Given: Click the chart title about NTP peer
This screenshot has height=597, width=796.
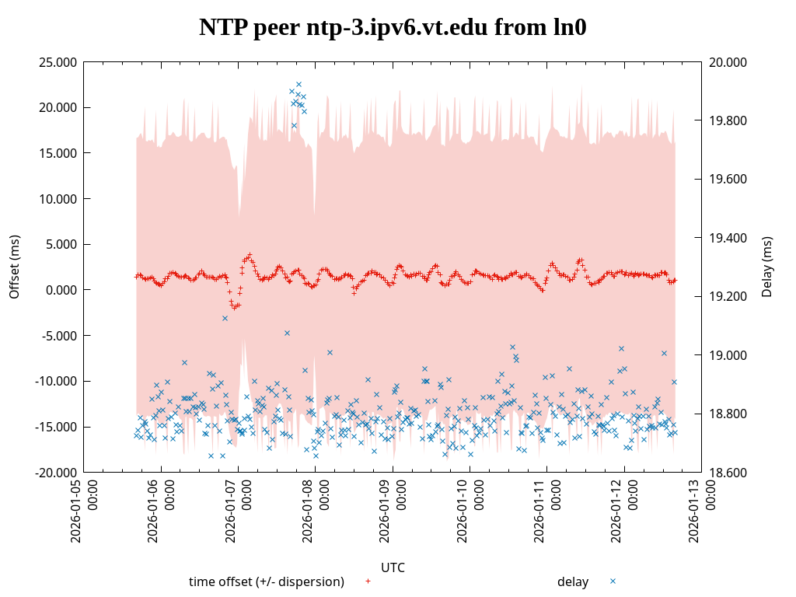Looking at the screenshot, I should point(393,28).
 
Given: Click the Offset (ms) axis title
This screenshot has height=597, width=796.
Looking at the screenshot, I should point(14,267).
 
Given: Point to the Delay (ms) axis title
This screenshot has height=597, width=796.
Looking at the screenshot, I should point(767,267).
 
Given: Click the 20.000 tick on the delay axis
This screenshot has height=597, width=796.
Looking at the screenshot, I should point(728,62).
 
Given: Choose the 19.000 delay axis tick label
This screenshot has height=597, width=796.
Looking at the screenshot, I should point(728,355).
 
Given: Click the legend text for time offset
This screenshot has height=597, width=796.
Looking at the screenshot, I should point(266,581).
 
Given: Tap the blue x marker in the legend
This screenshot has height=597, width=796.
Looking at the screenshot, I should point(613,581).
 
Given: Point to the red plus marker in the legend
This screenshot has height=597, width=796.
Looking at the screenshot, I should point(368,581).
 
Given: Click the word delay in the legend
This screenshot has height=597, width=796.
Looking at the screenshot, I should point(573,581).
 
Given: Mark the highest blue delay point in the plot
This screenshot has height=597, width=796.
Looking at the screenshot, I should point(298,84).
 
